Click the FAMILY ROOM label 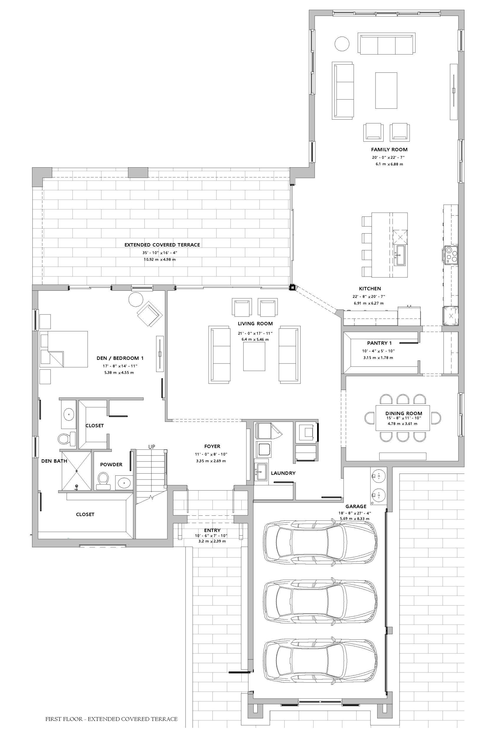pos(389,149)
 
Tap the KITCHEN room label pos(370,289)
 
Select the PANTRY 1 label pos(380,343)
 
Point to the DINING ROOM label pos(404,413)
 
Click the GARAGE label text pos(356,507)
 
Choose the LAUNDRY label pos(283,473)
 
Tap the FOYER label pos(212,446)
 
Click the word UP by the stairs pos(152,447)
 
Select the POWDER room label pos(111,464)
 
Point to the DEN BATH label pos(54,461)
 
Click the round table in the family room pos(342,44)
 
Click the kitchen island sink pos(400,255)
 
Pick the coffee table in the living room pos(254,356)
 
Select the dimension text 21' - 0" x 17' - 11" pos(255,333)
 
